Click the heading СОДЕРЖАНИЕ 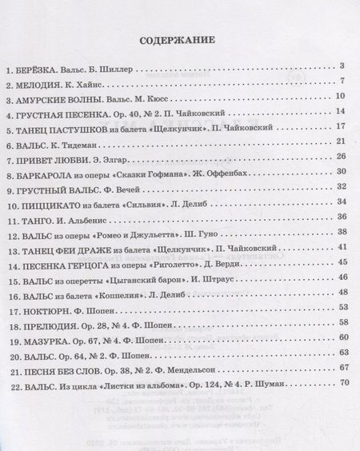tap(179, 38)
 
